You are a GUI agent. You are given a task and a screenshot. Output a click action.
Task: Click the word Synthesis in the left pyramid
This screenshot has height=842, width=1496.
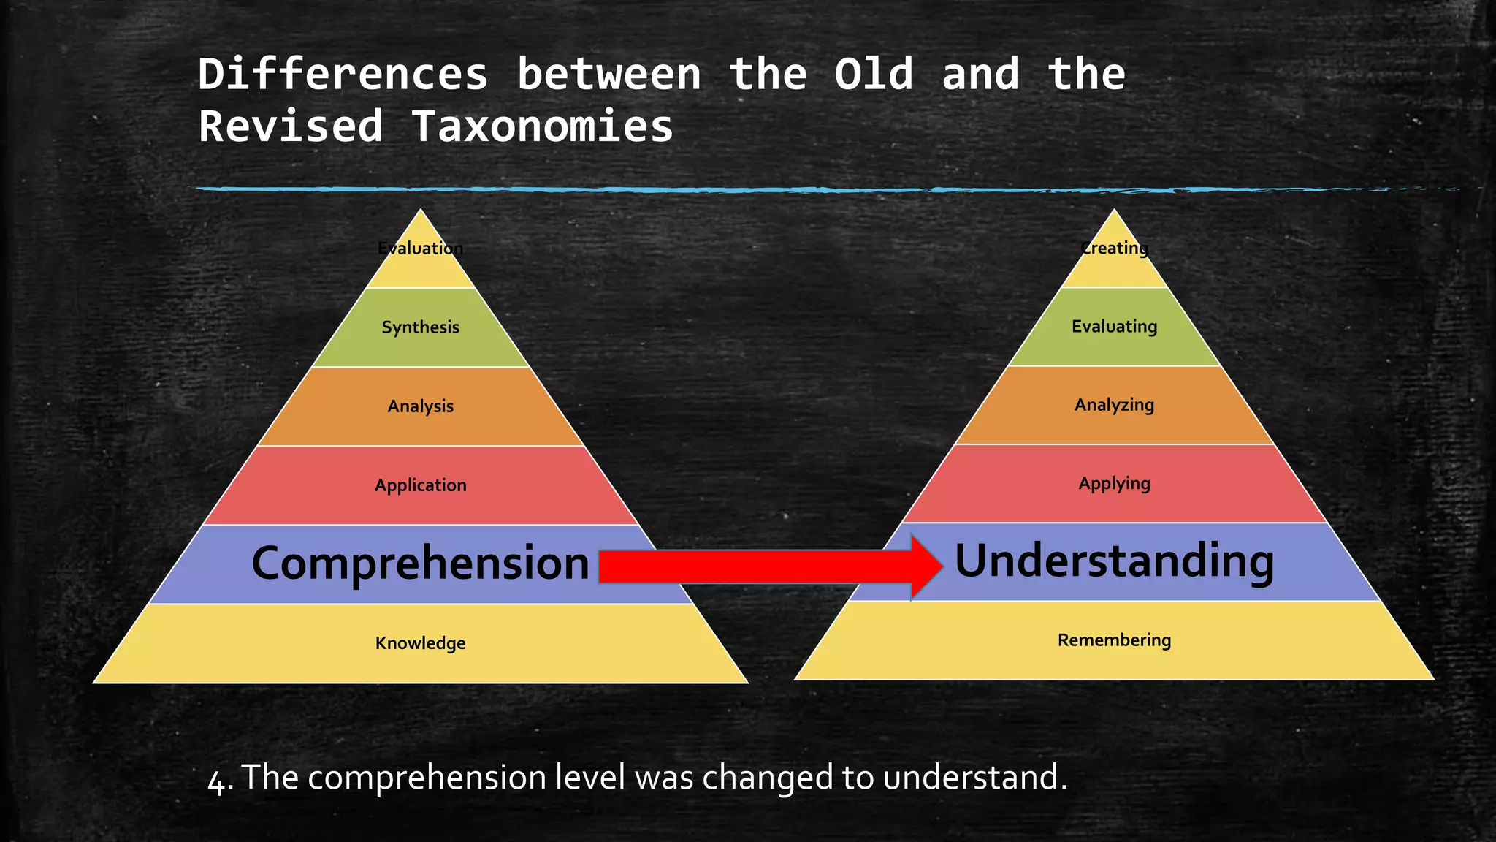(x=420, y=327)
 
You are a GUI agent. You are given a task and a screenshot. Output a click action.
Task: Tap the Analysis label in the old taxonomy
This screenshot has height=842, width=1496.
(x=420, y=406)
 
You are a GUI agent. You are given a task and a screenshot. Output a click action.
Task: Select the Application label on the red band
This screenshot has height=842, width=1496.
(x=420, y=485)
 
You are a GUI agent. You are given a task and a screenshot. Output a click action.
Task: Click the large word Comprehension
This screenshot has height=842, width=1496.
(x=420, y=564)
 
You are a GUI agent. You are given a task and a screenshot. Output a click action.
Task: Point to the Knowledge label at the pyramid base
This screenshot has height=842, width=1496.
(x=420, y=642)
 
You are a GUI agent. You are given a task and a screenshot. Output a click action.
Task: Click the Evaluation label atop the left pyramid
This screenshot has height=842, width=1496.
(x=420, y=248)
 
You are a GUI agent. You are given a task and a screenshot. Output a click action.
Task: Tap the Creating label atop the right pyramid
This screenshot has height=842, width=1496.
(x=1114, y=248)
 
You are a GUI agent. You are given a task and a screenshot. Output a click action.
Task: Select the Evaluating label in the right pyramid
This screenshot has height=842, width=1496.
(x=1114, y=326)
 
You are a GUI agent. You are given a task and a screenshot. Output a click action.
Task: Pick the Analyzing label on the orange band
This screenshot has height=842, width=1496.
(x=1114, y=404)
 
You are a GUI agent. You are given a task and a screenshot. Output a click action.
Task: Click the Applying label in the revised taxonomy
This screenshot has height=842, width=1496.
(x=1114, y=483)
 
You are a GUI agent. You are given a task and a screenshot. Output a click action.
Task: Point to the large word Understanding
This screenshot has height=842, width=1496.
(x=1114, y=561)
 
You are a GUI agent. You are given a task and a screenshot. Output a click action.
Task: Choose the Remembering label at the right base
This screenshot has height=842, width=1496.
(x=1114, y=640)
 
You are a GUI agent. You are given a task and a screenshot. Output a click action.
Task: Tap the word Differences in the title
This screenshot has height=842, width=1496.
(x=343, y=74)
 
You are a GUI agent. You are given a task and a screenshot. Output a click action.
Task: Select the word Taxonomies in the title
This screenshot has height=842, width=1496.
(x=541, y=126)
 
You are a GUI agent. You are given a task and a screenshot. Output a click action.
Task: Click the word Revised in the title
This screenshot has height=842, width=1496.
(x=290, y=126)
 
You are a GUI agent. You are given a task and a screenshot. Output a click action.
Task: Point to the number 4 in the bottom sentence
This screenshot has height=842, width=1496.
(x=216, y=779)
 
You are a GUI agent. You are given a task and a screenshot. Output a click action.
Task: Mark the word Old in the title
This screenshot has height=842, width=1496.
(x=874, y=74)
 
